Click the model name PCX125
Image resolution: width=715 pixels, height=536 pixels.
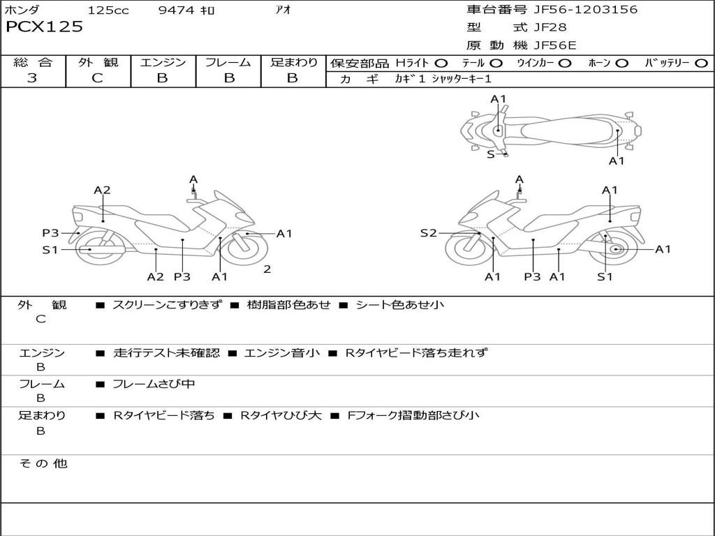pos(44,27)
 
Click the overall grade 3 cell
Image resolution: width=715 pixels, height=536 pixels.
pos(32,78)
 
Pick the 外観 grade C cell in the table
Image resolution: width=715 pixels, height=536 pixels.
pos(98,78)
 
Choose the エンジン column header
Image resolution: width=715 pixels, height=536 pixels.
pos(163,63)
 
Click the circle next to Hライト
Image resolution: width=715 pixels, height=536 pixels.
pos(441,64)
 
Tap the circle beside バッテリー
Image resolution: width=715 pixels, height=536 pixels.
pos(701,64)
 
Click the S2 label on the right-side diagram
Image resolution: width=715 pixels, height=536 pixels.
pos(428,233)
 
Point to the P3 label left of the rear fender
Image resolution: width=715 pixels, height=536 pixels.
pos(50,233)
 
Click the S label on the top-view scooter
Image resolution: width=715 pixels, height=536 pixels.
pos(490,154)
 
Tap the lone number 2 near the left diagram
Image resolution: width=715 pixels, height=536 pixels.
pos(267,269)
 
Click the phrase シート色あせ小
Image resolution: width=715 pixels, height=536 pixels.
pos(400,305)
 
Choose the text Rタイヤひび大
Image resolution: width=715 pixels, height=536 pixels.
pos(281,415)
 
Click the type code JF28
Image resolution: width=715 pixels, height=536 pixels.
pos(550,28)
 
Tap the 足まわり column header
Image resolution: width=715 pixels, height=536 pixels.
pos(294,63)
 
